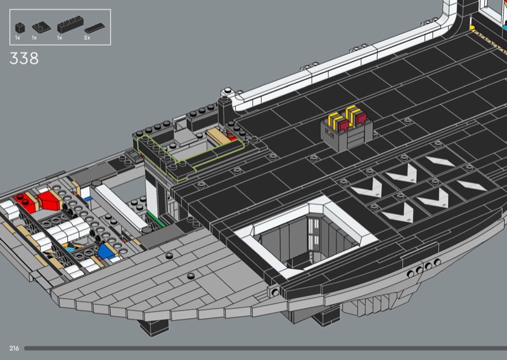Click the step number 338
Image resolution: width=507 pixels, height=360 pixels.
click(x=24, y=58)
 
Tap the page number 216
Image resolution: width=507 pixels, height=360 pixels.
click(x=14, y=349)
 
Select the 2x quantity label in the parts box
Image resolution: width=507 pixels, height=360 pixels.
click(x=87, y=38)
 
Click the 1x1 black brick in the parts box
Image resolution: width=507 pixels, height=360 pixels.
click(x=20, y=28)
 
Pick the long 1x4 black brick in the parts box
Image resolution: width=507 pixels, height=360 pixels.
click(x=70, y=25)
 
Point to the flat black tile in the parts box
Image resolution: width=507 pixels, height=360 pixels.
click(x=94, y=28)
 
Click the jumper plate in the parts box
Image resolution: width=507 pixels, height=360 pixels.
click(x=41, y=27)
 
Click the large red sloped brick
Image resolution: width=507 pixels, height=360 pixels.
click(x=49, y=200)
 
